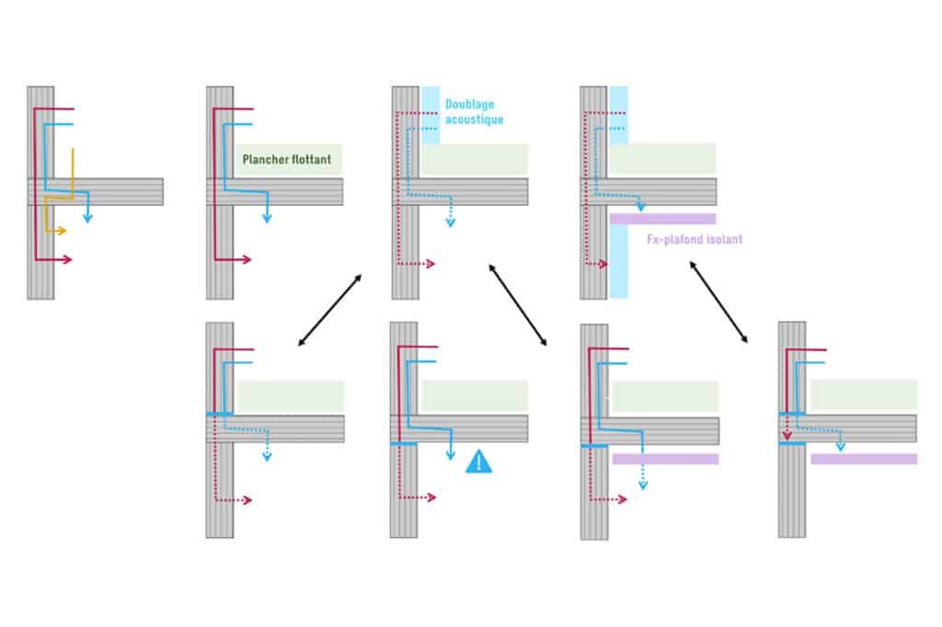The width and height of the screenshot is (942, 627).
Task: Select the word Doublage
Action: [470, 105]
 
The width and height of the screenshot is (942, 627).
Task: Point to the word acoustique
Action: [474, 120]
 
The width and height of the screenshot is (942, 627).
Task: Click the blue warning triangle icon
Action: [478, 462]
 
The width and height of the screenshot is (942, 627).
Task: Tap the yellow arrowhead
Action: [62, 231]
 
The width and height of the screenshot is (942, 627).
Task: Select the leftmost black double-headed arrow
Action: [330, 310]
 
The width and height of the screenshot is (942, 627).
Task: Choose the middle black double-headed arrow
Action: [518, 305]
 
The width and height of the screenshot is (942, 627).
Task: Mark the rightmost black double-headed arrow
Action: [718, 302]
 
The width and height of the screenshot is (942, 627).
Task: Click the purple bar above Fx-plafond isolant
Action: [662, 219]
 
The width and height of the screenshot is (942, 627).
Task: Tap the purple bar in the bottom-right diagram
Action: [864, 460]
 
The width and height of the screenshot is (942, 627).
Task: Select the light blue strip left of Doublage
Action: [431, 115]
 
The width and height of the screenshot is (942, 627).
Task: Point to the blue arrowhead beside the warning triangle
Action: [451, 456]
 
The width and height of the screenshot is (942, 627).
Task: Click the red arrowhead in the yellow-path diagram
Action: [68, 259]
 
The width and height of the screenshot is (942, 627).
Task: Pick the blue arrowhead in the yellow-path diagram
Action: [87, 218]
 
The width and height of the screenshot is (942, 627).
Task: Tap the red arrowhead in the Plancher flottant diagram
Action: [247, 259]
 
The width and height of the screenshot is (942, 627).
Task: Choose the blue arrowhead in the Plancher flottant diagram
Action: [267, 218]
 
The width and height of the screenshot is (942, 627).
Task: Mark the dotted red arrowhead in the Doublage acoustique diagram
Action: [431, 264]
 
